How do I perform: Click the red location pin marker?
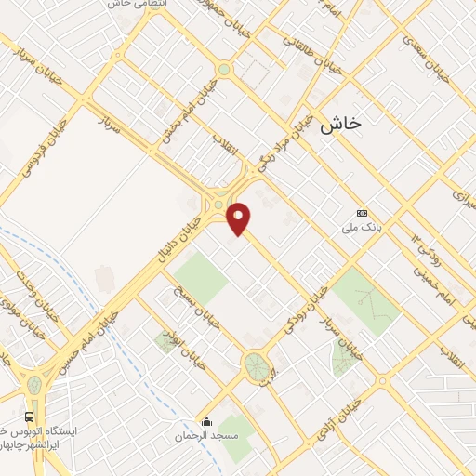point(239,218)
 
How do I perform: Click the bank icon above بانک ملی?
point(362,213)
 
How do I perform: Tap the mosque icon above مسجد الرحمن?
point(206,421)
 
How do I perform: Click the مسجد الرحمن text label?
point(210,435)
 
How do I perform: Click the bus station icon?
point(30,416)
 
